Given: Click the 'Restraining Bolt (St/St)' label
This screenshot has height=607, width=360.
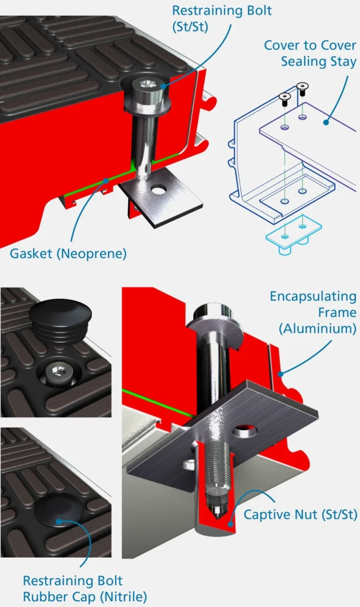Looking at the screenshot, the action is pyautogui.click(x=222, y=18).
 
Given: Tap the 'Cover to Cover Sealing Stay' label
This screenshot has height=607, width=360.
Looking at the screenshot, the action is pyautogui.click(x=310, y=53).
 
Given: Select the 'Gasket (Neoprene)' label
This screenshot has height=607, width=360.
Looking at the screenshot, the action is pyautogui.click(x=68, y=254).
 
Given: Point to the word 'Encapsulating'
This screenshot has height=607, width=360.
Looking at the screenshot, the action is pyautogui.click(x=313, y=296).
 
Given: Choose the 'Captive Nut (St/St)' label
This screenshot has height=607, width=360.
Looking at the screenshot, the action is pyautogui.click(x=300, y=515).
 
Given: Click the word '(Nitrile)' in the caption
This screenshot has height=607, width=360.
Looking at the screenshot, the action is pyautogui.click(x=123, y=596).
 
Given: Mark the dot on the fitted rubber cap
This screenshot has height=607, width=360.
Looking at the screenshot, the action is pyautogui.click(x=59, y=522).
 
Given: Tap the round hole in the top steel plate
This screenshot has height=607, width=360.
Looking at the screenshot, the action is pyautogui.click(x=159, y=190).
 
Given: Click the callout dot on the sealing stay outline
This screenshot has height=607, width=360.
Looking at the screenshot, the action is pyautogui.click(x=326, y=122).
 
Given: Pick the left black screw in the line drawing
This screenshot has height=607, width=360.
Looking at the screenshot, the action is pyautogui.click(x=285, y=100).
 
